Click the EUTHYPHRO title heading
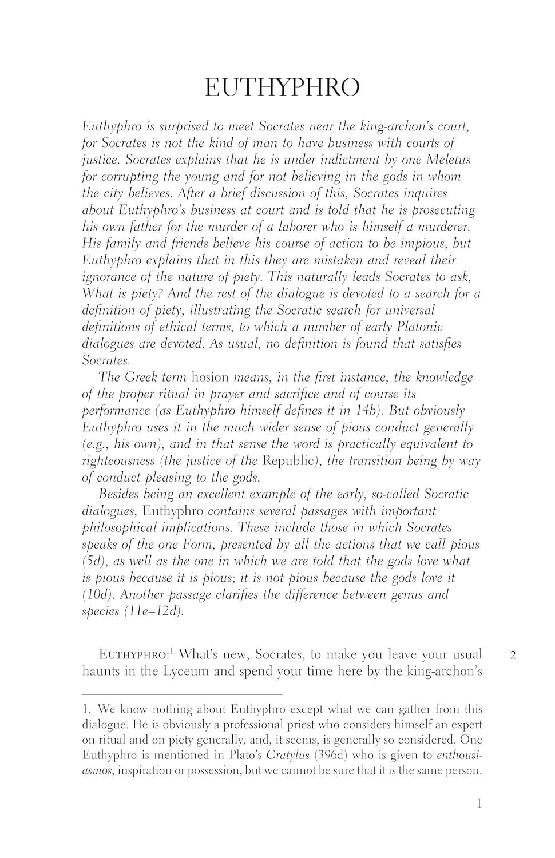coord(282,88)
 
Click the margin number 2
coord(513,655)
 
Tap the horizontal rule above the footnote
coord(182,694)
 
